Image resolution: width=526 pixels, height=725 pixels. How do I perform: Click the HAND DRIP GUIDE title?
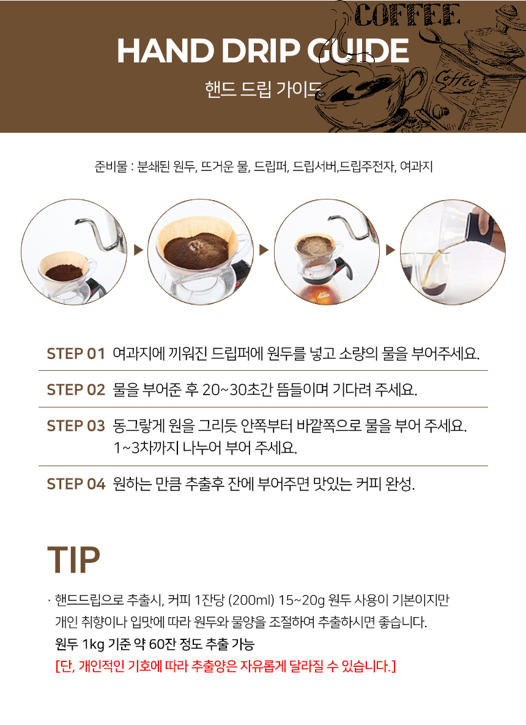coord(262,51)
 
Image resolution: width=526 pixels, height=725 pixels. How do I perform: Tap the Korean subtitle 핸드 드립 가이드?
coord(262,91)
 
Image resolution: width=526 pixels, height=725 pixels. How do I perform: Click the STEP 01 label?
coord(76,354)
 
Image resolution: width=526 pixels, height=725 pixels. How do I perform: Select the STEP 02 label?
coord(76,390)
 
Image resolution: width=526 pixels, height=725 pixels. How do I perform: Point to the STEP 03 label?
coord(76,426)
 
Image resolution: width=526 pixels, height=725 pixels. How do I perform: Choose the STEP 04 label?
coord(76,484)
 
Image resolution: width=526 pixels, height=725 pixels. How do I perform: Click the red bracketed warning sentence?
coord(225,666)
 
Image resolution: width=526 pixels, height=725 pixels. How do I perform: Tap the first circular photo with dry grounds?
coord(74,251)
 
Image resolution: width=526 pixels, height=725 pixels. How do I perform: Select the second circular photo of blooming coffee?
coord(201,251)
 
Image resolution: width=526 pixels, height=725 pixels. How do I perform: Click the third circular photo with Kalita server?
coord(327,251)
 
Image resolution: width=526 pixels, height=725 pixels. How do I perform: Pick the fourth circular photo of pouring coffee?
coord(453,251)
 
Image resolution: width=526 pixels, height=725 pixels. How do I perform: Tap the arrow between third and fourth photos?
coord(390,250)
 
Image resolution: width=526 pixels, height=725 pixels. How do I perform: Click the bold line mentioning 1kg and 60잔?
coord(154,644)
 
